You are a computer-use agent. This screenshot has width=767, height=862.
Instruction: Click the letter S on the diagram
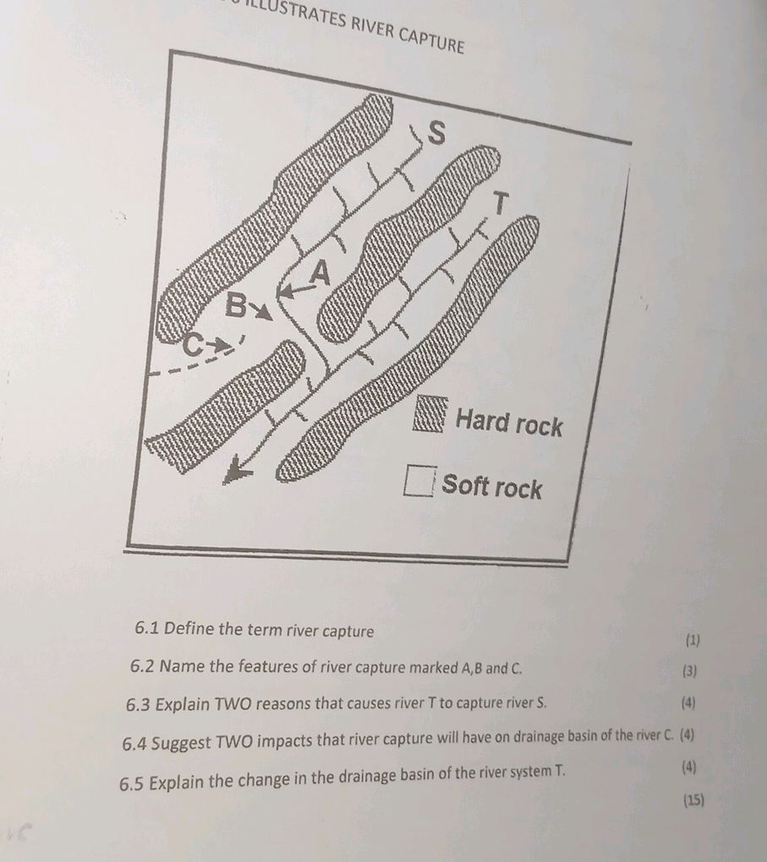tap(436, 133)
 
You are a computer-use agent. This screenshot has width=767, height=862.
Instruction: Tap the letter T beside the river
tap(500, 202)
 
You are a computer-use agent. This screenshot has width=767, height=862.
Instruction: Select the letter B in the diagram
tap(236, 305)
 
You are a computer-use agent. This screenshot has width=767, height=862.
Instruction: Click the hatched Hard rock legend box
tap(430, 414)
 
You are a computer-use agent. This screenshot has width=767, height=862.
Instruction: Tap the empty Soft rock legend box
tap(419, 480)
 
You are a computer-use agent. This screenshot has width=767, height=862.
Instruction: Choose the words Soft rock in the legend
tap(492, 486)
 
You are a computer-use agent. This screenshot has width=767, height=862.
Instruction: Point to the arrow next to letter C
tap(222, 346)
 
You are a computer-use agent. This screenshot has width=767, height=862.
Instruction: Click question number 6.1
tap(147, 628)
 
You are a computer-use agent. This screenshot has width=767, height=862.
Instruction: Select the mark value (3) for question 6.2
tap(689, 671)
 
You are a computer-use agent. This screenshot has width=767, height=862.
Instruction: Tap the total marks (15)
tap(693, 799)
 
